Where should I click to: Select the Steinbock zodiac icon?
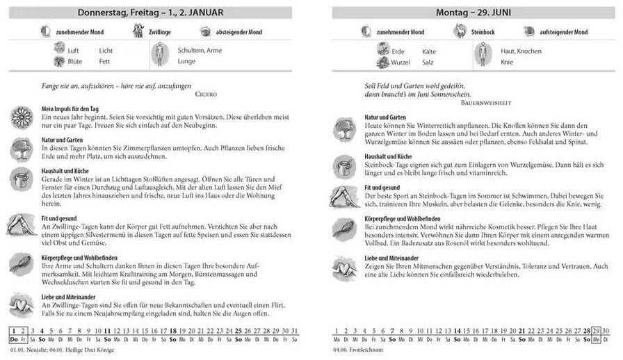coord(460,31)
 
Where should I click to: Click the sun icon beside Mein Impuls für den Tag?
coord(21,115)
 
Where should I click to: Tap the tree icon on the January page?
coord(21,147)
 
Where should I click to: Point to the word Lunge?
coord(187,61)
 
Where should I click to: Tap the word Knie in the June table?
coord(508,62)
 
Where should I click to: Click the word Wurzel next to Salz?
coord(403,62)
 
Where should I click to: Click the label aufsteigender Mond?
coord(564,32)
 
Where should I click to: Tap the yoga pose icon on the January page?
coord(21,224)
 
